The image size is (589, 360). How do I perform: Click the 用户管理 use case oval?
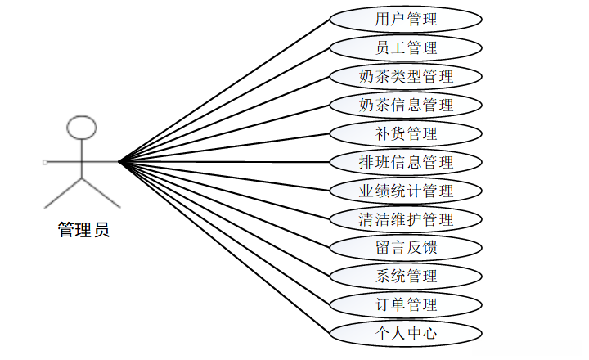pyautogui.click(x=406, y=19)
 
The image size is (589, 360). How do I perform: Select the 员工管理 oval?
pyautogui.click(x=406, y=47)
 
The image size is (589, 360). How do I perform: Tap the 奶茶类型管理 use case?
pyautogui.click(x=406, y=76)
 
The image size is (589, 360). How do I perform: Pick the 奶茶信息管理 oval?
pyautogui.click(x=406, y=105)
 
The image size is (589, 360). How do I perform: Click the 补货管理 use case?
pyautogui.click(x=406, y=133)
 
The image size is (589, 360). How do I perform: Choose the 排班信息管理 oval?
pyautogui.click(x=406, y=162)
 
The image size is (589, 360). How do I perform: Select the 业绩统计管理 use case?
pyautogui.click(x=406, y=191)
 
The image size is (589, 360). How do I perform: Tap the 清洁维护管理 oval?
pyautogui.click(x=406, y=219)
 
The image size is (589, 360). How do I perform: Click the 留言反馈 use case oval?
pyautogui.click(x=406, y=247)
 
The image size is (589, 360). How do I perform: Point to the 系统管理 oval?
pyautogui.click(x=406, y=276)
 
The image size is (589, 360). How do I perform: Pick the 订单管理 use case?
pyautogui.click(x=406, y=304)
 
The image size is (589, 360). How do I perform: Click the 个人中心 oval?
pyautogui.click(x=406, y=333)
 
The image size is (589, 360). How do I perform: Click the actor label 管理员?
pyautogui.click(x=83, y=230)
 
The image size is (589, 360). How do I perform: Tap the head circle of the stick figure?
pyautogui.click(x=82, y=128)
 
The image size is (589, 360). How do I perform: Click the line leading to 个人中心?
pyautogui.click(x=225, y=247)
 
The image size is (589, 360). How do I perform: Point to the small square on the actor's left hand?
pyautogui.click(x=45, y=162)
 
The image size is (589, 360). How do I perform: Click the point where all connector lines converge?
pyautogui.click(x=119, y=162)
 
